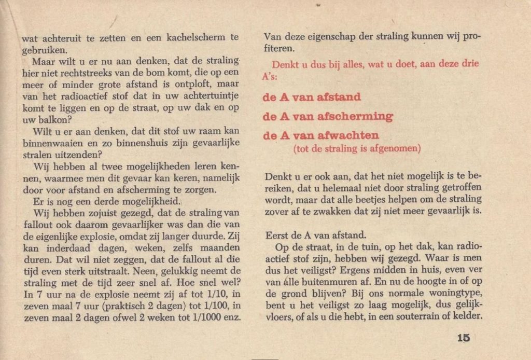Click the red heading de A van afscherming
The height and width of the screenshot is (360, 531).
[328, 116]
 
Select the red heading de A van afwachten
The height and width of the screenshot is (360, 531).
[321, 135]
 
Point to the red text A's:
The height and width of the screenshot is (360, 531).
[270, 76]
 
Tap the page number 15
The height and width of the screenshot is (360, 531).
[463, 338]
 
